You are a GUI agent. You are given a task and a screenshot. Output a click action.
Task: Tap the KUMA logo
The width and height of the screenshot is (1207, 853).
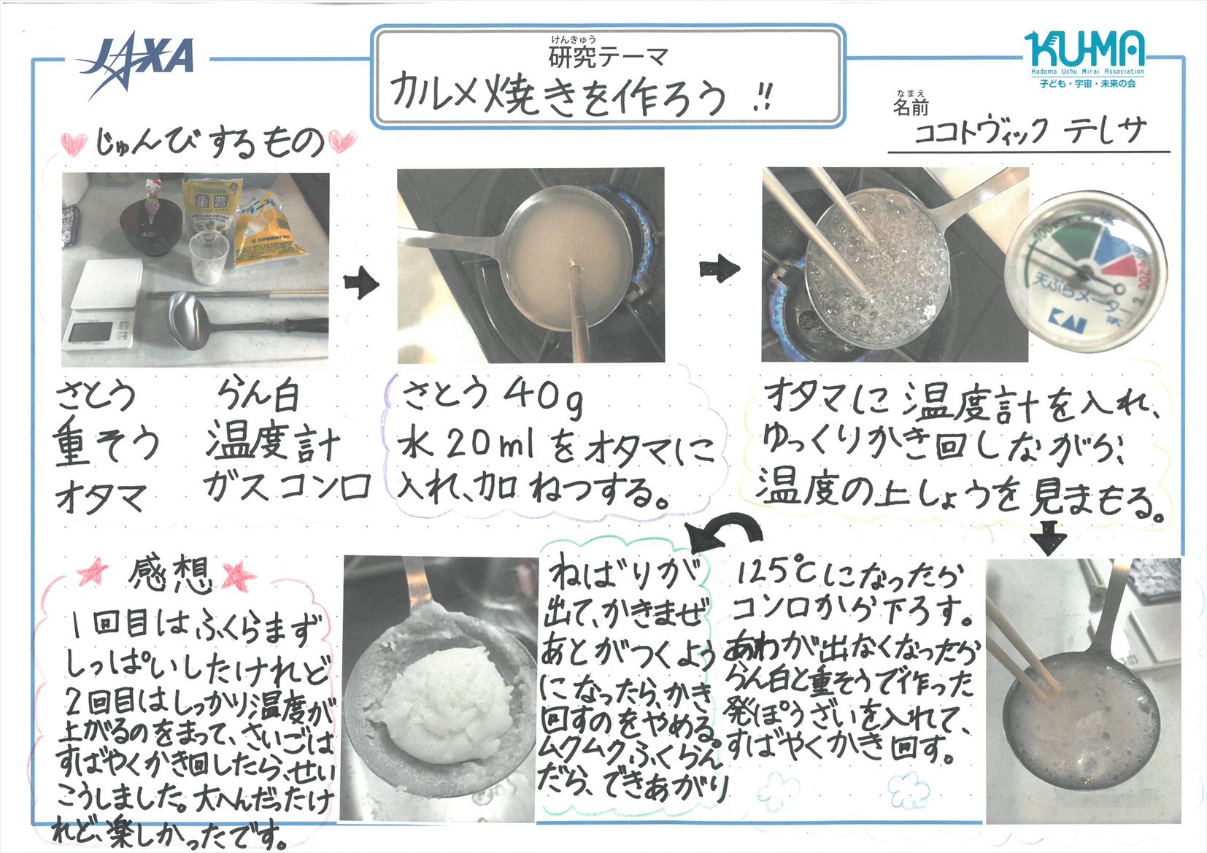click(1084, 59)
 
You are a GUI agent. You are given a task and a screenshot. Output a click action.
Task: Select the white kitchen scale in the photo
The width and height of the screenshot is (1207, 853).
click(102, 304)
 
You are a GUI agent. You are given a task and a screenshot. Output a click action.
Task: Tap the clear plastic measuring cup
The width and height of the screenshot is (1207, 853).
click(208, 258)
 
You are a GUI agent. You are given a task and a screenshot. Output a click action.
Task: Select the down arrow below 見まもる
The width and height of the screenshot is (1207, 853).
click(1047, 538)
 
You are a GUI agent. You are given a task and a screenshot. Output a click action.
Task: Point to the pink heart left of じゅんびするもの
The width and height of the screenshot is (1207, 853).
click(74, 143)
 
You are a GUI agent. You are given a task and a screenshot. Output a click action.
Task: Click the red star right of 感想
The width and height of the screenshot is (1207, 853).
click(239, 576)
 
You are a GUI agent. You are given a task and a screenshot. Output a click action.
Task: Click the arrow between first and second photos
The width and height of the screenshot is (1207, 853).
click(361, 283)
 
